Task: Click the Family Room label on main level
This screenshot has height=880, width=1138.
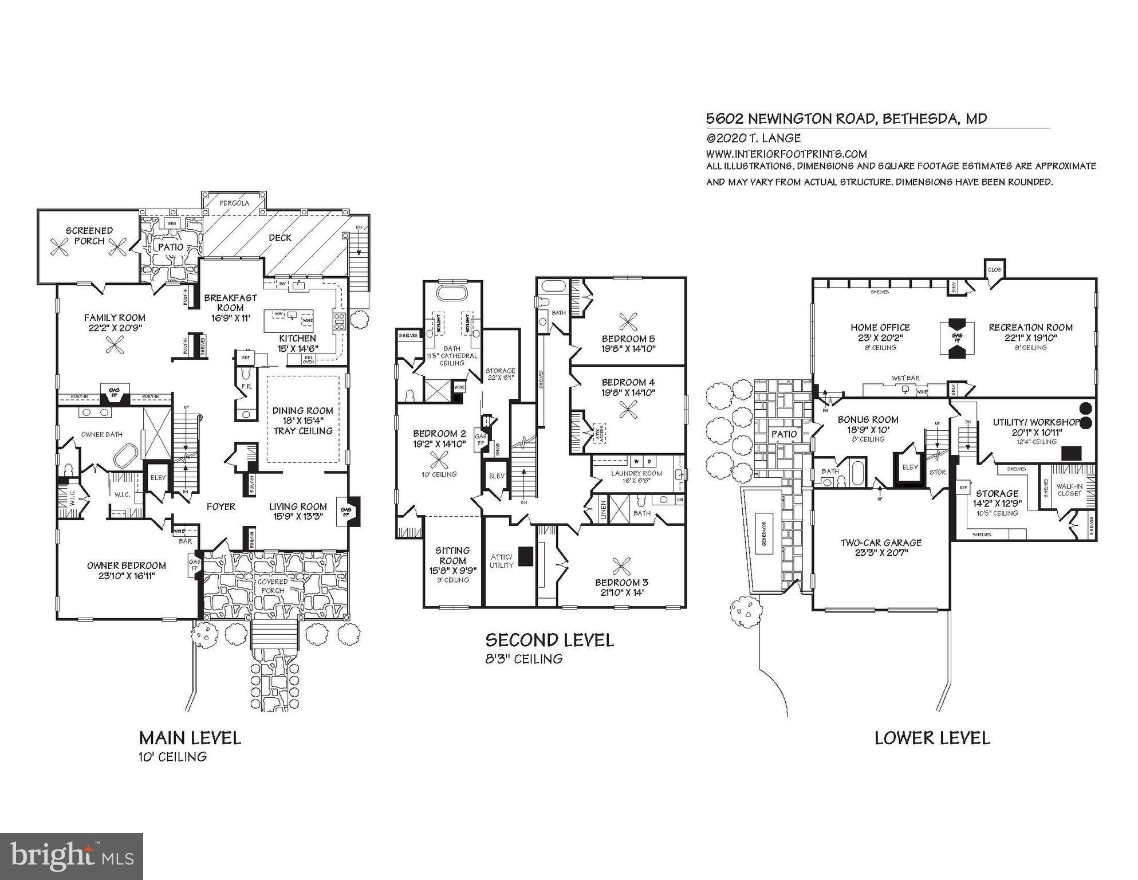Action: pyautogui.click(x=115, y=318)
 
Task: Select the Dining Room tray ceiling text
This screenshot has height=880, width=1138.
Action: pyautogui.click(x=302, y=431)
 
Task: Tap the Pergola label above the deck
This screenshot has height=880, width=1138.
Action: pyautogui.click(x=234, y=203)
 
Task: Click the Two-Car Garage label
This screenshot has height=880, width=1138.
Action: pyautogui.click(x=881, y=543)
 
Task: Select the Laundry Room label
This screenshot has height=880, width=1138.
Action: pyautogui.click(x=636, y=473)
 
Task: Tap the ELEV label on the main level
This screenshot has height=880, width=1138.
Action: pyautogui.click(x=157, y=477)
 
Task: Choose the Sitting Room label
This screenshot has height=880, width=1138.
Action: pyautogui.click(x=452, y=555)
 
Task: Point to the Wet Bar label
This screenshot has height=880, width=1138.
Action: pyautogui.click(x=905, y=378)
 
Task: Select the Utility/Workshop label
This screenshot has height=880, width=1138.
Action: pyautogui.click(x=1036, y=422)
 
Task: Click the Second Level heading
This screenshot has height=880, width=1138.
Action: pyautogui.click(x=549, y=640)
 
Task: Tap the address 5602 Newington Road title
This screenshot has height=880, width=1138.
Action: pyautogui.click(x=846, y=119)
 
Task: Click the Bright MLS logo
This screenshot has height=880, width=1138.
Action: pyautogui.click(x=72, y=857)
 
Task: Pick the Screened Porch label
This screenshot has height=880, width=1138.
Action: pyautogui.click(x=89, y=235)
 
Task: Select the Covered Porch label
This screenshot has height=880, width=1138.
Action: pyautogui.click(x=272, y=586)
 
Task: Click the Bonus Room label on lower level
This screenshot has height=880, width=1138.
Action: pyautogui.click(x=868, y=419)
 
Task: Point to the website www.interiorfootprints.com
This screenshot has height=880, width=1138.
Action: pyautogui.click(x=786, y=154)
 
